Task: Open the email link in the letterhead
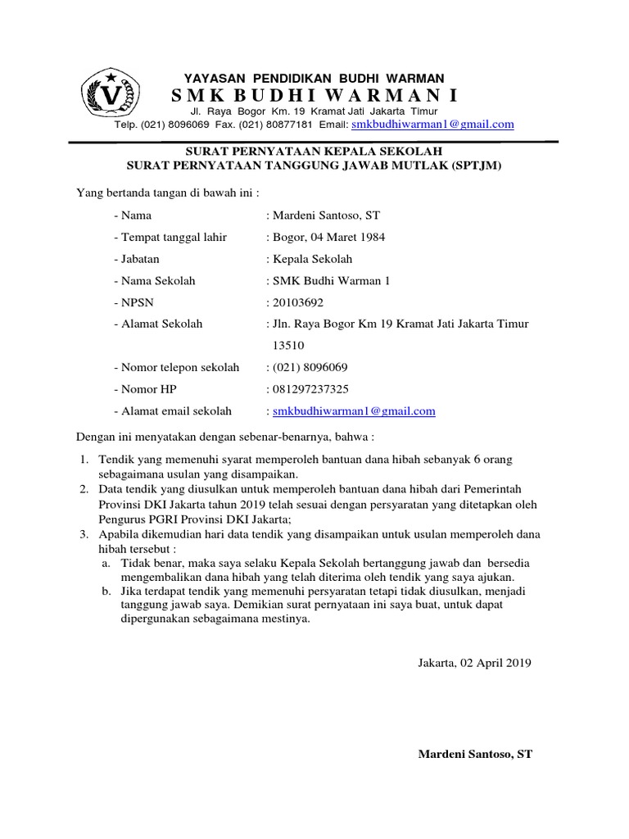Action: click(432, 125)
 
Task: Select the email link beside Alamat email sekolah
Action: click(354, 411)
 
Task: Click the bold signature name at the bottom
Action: click(475, 754)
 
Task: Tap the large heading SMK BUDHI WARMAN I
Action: click(314, 96)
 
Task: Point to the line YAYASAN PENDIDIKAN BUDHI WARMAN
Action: click(314, 77)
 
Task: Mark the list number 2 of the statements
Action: click(84, 490)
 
